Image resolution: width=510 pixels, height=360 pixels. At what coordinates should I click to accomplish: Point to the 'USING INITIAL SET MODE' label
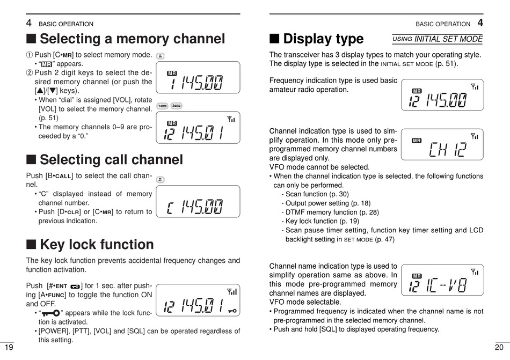[438, 39]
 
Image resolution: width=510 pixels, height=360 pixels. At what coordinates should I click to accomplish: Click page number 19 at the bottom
[9, 348]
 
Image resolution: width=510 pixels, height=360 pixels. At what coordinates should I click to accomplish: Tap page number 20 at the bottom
[499, 348]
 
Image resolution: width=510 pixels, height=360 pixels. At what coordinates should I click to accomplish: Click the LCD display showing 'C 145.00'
[198, 202]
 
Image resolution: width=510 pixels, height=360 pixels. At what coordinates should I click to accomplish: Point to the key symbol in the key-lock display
[232, 311]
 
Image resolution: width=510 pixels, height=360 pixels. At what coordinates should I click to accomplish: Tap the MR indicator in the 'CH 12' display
[417, 141]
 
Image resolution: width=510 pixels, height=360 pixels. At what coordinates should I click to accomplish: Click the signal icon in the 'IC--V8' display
[475, 272]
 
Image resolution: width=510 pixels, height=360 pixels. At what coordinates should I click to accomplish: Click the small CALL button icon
[161, 180]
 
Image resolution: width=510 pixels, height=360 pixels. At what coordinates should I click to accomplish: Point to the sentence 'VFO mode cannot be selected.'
[319, 167]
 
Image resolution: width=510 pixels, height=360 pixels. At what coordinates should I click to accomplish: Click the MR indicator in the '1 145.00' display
[172, 73]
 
